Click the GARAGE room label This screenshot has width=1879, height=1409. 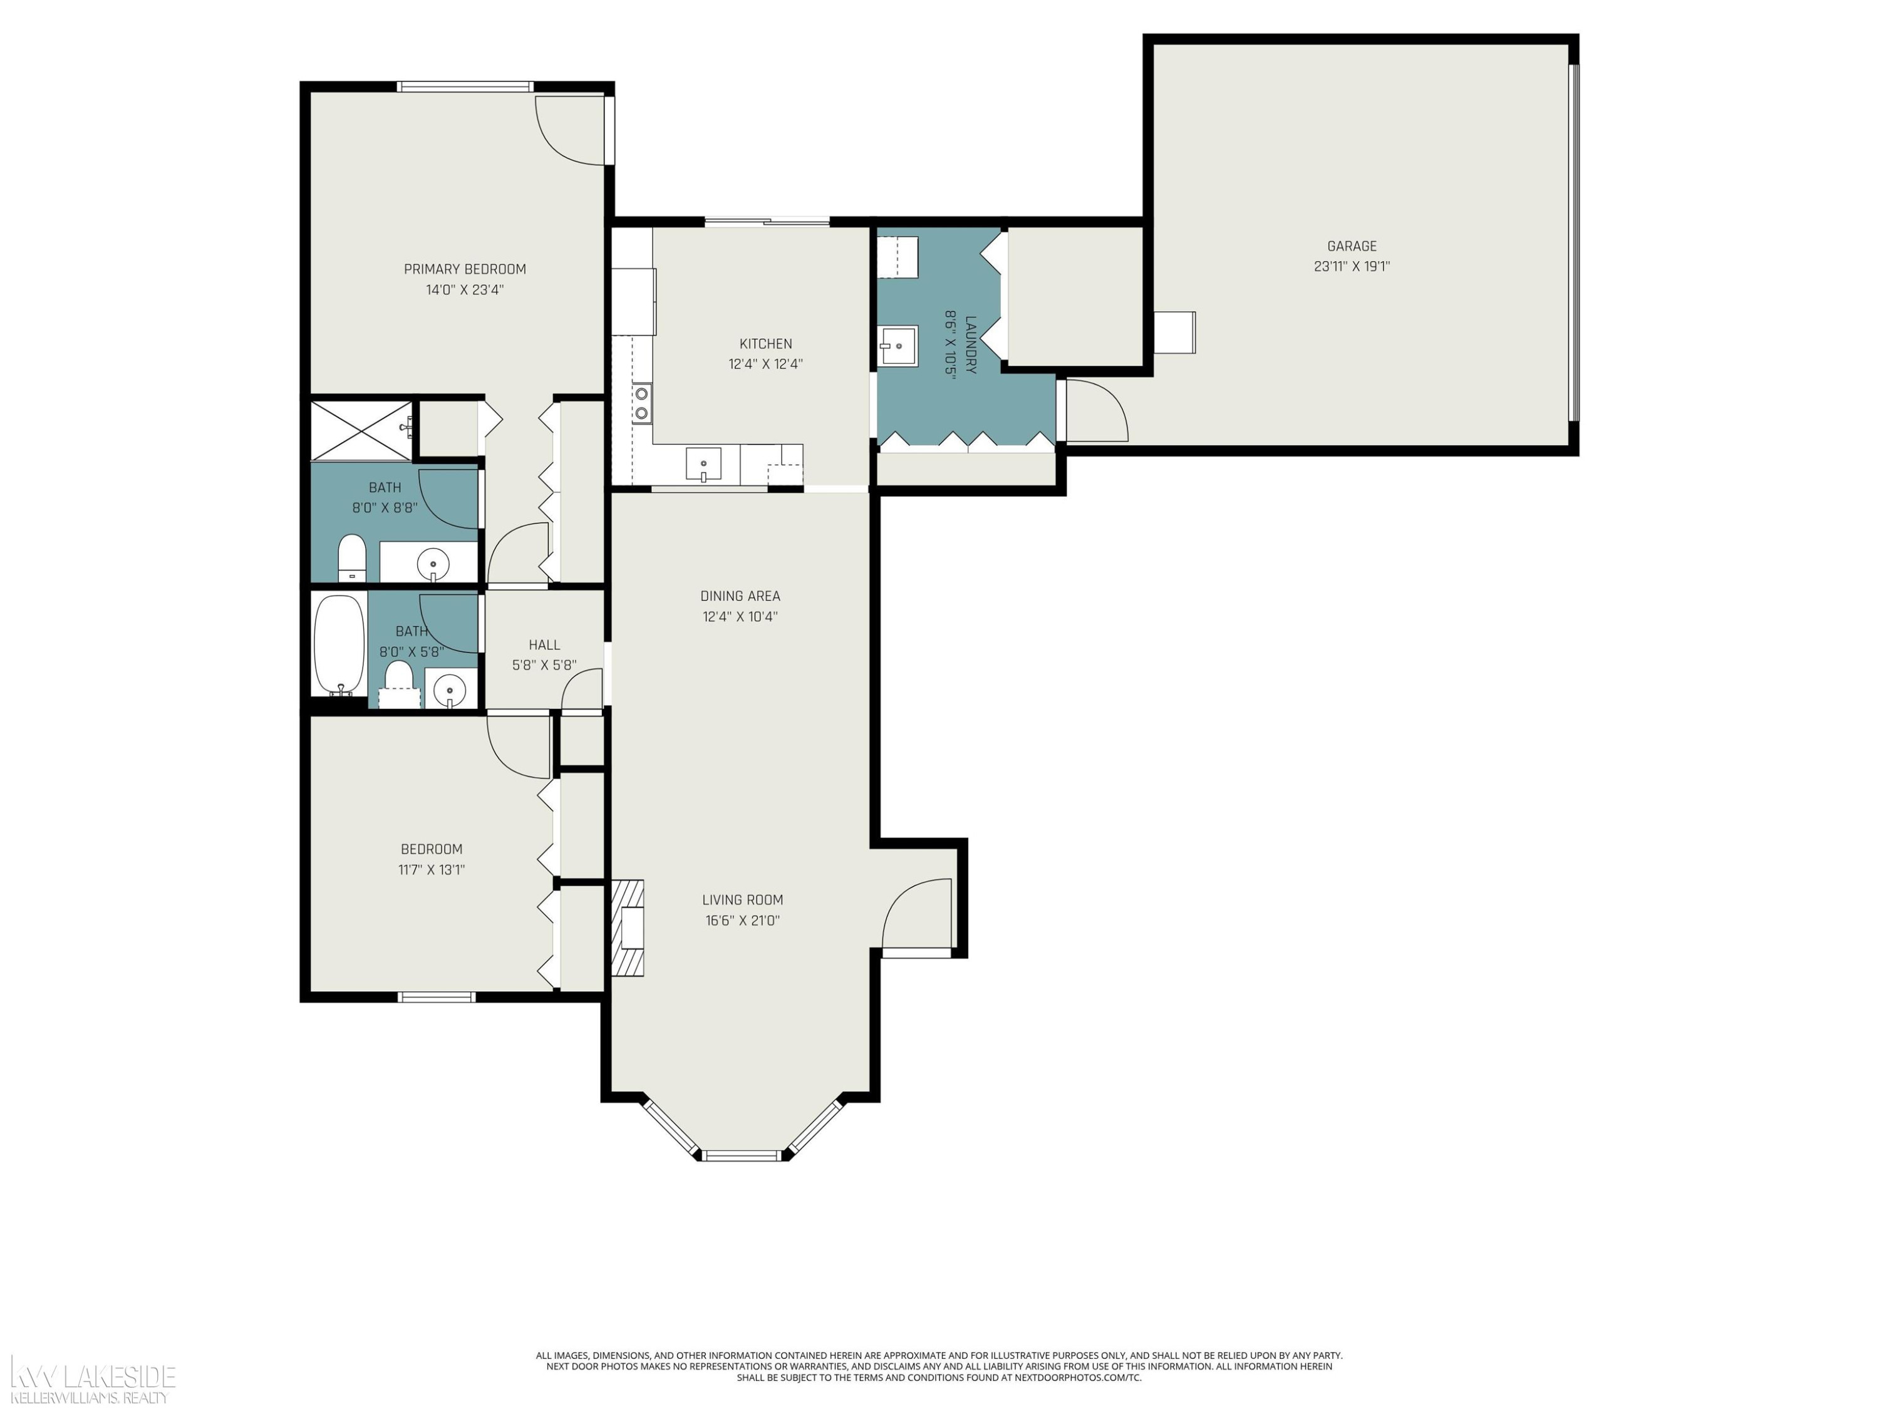(x=1352, y=246)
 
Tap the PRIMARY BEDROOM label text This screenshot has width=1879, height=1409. (x=465, y=269)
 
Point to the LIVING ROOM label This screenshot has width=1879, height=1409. (x=742, y=901)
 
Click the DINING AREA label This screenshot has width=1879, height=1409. (x=740, y=596)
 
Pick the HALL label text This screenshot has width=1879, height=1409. (x=544, y=646)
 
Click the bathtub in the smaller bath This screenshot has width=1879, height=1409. (x=339, y=646)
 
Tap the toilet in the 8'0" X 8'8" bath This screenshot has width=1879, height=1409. (x=351, y=558)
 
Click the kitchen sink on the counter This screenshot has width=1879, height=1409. (x=703, y=465)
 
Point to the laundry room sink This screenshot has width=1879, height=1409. (x=897, y=346)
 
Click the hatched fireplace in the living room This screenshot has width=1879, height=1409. (x=628, y=927)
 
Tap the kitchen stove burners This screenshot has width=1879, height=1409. (x=642, y=403)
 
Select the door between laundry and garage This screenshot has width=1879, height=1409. (x=1097, y=410)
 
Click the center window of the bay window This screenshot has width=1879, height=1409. (x=742, y=1155)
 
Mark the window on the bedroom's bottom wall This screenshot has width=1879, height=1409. (x=437, y=997)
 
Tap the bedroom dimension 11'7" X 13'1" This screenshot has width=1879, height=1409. (x=432, y=870)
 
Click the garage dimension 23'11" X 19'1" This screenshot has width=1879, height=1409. (x=1352, y=267)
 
